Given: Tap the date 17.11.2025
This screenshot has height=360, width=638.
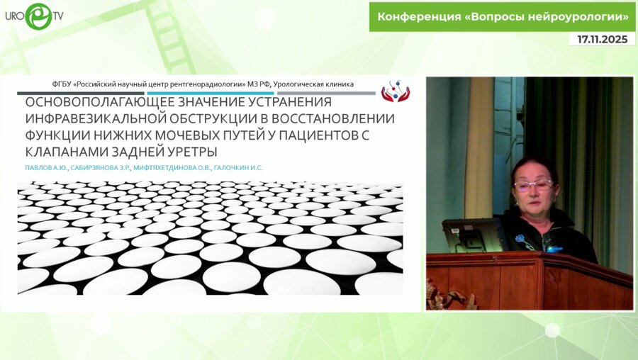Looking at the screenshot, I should click(602, 40).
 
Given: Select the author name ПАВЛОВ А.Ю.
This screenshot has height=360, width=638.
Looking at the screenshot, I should click(43, 168).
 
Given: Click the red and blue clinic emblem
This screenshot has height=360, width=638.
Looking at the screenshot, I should click(395, 91).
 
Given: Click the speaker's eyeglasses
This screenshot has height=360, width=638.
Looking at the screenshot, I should click(532, 185).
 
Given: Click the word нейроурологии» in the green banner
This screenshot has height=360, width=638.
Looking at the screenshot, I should click(582, 16).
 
